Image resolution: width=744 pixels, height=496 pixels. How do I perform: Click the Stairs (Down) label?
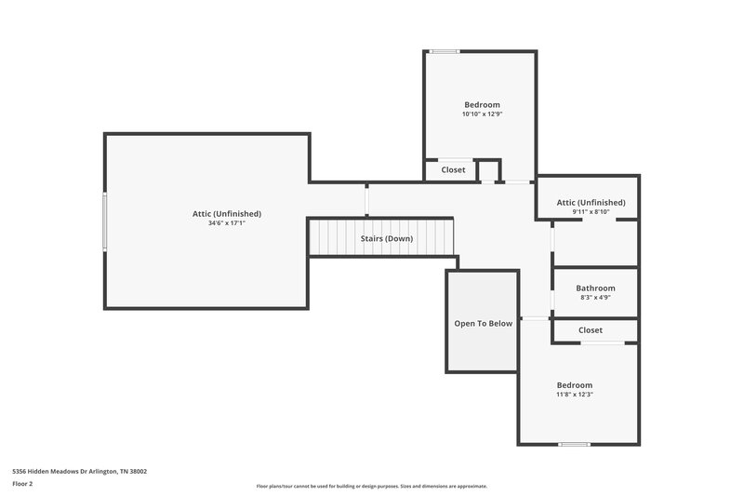pos(387,239)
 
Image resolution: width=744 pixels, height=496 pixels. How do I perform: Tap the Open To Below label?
pos(483,324)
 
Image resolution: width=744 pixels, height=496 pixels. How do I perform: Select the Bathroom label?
pos(595,288)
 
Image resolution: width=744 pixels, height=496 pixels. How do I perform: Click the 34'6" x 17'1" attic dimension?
pos(226,223)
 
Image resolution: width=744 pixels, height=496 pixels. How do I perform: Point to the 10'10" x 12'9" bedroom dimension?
pos(482,114)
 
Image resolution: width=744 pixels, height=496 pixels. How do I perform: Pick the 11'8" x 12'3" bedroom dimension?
pos(574,395)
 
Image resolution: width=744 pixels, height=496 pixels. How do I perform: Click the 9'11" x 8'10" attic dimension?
pos(591,212)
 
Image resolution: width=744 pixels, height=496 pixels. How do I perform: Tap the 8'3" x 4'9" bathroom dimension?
pos(595,298)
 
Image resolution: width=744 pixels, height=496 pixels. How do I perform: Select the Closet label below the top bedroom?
pos(453,170)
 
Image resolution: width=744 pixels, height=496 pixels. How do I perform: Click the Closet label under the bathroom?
pos(590,330)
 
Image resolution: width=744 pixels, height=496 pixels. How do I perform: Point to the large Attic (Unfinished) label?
pos(226,213)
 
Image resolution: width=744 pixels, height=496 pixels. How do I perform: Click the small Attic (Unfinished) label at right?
pos(591,202)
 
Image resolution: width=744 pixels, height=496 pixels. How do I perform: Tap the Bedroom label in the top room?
pos(482,104)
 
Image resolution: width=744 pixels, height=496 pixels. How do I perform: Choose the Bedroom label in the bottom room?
pos(574,384)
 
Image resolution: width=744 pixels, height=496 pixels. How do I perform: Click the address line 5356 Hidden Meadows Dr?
pos(79,471)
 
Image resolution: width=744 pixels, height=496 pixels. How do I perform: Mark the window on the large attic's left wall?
pos(105,221)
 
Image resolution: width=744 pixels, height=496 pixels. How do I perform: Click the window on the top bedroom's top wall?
pos(445,51)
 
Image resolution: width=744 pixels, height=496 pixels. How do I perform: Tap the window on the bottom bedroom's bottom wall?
pos(574,444)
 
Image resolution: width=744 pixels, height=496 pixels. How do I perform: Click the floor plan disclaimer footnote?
pos(371,486)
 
